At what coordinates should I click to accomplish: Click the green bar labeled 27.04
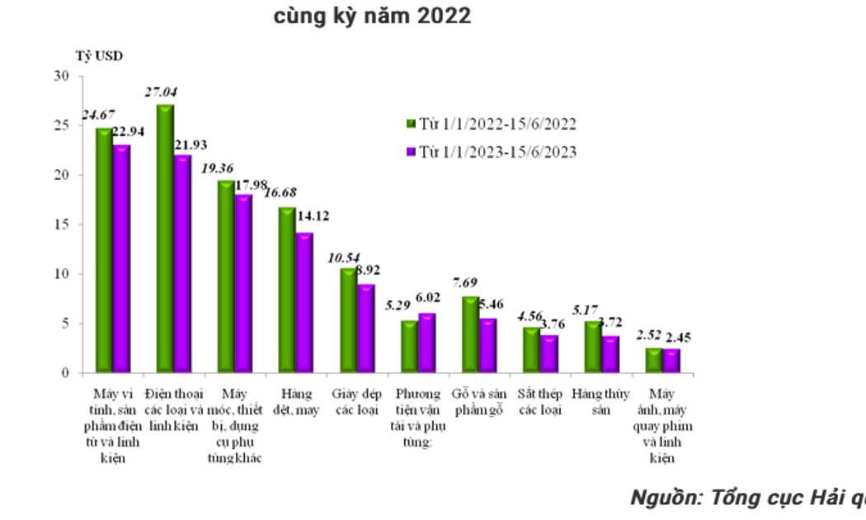pos(165,239)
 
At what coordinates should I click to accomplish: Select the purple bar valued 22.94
pos(120,259)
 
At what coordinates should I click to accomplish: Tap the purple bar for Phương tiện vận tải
pos(426,343)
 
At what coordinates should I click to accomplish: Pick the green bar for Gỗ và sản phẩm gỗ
pos(470,334)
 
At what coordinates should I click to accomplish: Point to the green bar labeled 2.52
pos(653,360)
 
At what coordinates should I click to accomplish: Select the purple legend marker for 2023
pos(410,152)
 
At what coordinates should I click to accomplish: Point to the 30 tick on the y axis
pos(61,76)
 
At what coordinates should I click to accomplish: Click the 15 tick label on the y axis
pos(61,225)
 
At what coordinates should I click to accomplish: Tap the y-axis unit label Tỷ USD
pos(99,56)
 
